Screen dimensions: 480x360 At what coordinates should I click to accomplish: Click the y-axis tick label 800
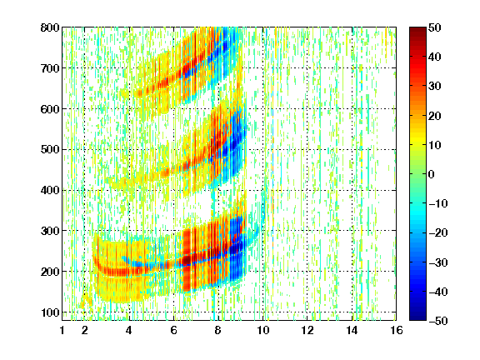pyautogui.click(x=50, y=27)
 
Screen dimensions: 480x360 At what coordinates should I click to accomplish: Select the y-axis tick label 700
pyautogui.click(x=50, y=68)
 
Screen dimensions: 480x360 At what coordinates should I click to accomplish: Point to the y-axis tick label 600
pyautogui.click(x=50, y=109)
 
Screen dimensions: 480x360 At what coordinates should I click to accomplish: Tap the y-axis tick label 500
pyautogui.click(x=50, y=150)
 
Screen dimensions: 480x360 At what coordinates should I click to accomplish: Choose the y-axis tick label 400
pyautogui.click(x=50, y=190)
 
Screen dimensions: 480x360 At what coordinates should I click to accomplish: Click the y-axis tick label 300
pyautogui.click(x=50, y=231)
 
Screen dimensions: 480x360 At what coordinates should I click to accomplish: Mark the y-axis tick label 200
pyautogui.click(x=50, y=272)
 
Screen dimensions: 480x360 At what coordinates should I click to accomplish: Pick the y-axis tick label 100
pyautogui.click(x=50, y=312)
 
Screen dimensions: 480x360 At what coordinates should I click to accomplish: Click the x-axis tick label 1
pyautogui.click(x=62, y=330)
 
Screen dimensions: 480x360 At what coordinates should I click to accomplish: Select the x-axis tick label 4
pyautogui.click(x=129, y=330)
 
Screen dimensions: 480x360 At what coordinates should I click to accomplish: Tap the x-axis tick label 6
pyautogui.click(x=173, y=330)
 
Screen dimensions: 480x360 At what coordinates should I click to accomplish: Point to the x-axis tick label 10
pyautogui.click(x=262, y=330)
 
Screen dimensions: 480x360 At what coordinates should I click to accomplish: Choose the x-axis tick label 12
pyautogui.click(x=307, y=330)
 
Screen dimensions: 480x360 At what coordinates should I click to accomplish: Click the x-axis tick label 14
pyautogui.click(x=352, y=330)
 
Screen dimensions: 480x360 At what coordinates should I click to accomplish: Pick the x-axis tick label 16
pyautogui.click(x=397, y=330)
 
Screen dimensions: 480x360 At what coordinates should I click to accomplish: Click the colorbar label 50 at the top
pyautogui.click(x=435, y=27)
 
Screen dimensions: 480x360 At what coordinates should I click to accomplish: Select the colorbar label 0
pyautogui.click(x=432, y=174)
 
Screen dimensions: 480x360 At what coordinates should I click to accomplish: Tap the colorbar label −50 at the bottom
pyautogui.click(x=438, y=321)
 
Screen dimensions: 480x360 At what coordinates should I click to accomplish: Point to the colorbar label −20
pyautogui.click(x=438, y=232)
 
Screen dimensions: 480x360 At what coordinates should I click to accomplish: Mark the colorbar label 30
pyautogui.click(x=435, y=87)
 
